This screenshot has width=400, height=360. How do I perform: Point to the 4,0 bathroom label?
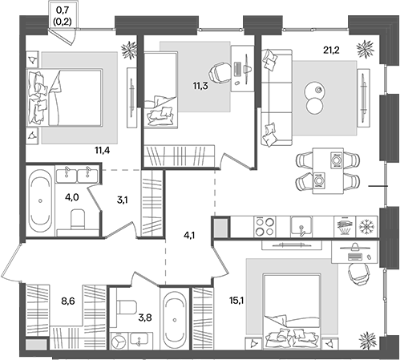coord(71,195)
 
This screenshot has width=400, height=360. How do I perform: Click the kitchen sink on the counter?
coord(300,226)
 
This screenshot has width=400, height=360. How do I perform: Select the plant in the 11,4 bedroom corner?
coord(127,51)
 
